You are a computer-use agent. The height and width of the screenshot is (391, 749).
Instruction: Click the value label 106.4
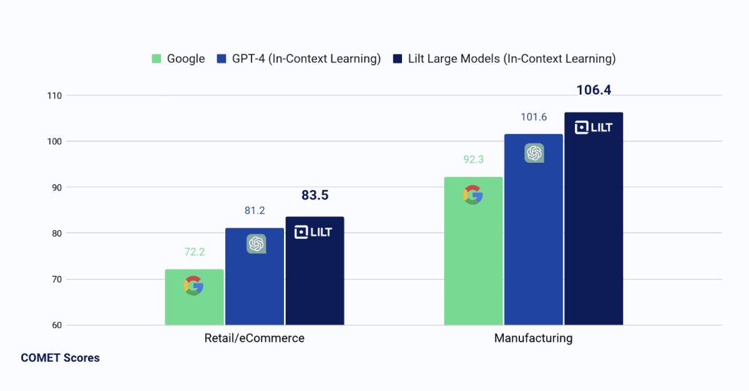click(594, 90)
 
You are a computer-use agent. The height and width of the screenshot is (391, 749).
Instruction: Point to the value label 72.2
click(194, 252)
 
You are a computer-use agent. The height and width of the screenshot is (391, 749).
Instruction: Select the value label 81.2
click(255, 211)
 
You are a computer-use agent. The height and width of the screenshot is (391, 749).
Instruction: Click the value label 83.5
click(315, 195)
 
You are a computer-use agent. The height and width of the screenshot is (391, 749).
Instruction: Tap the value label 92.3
click(473, 160)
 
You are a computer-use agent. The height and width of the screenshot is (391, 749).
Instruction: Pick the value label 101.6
click(533, 117)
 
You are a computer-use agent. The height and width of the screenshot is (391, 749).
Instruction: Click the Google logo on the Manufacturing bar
click(473, 195)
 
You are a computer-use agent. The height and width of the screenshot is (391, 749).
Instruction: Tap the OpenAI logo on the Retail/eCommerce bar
click(256, 244)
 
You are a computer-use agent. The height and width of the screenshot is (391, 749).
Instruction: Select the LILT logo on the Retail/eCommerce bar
click(313, 232)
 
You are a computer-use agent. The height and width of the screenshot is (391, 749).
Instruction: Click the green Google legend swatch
click(157, 59)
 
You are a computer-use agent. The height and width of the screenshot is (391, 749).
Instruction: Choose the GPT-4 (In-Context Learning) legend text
click(306, 59)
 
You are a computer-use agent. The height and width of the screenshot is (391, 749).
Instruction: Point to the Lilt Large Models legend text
click(512, 59)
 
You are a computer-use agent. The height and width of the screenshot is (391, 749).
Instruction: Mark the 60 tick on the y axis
click(56, 325)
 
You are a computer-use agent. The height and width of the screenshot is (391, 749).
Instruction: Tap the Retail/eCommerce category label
click(255, 339)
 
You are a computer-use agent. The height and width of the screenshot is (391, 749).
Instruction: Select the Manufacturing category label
click(533, 339)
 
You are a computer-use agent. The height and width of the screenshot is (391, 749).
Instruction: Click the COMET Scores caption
click(60, 358)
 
